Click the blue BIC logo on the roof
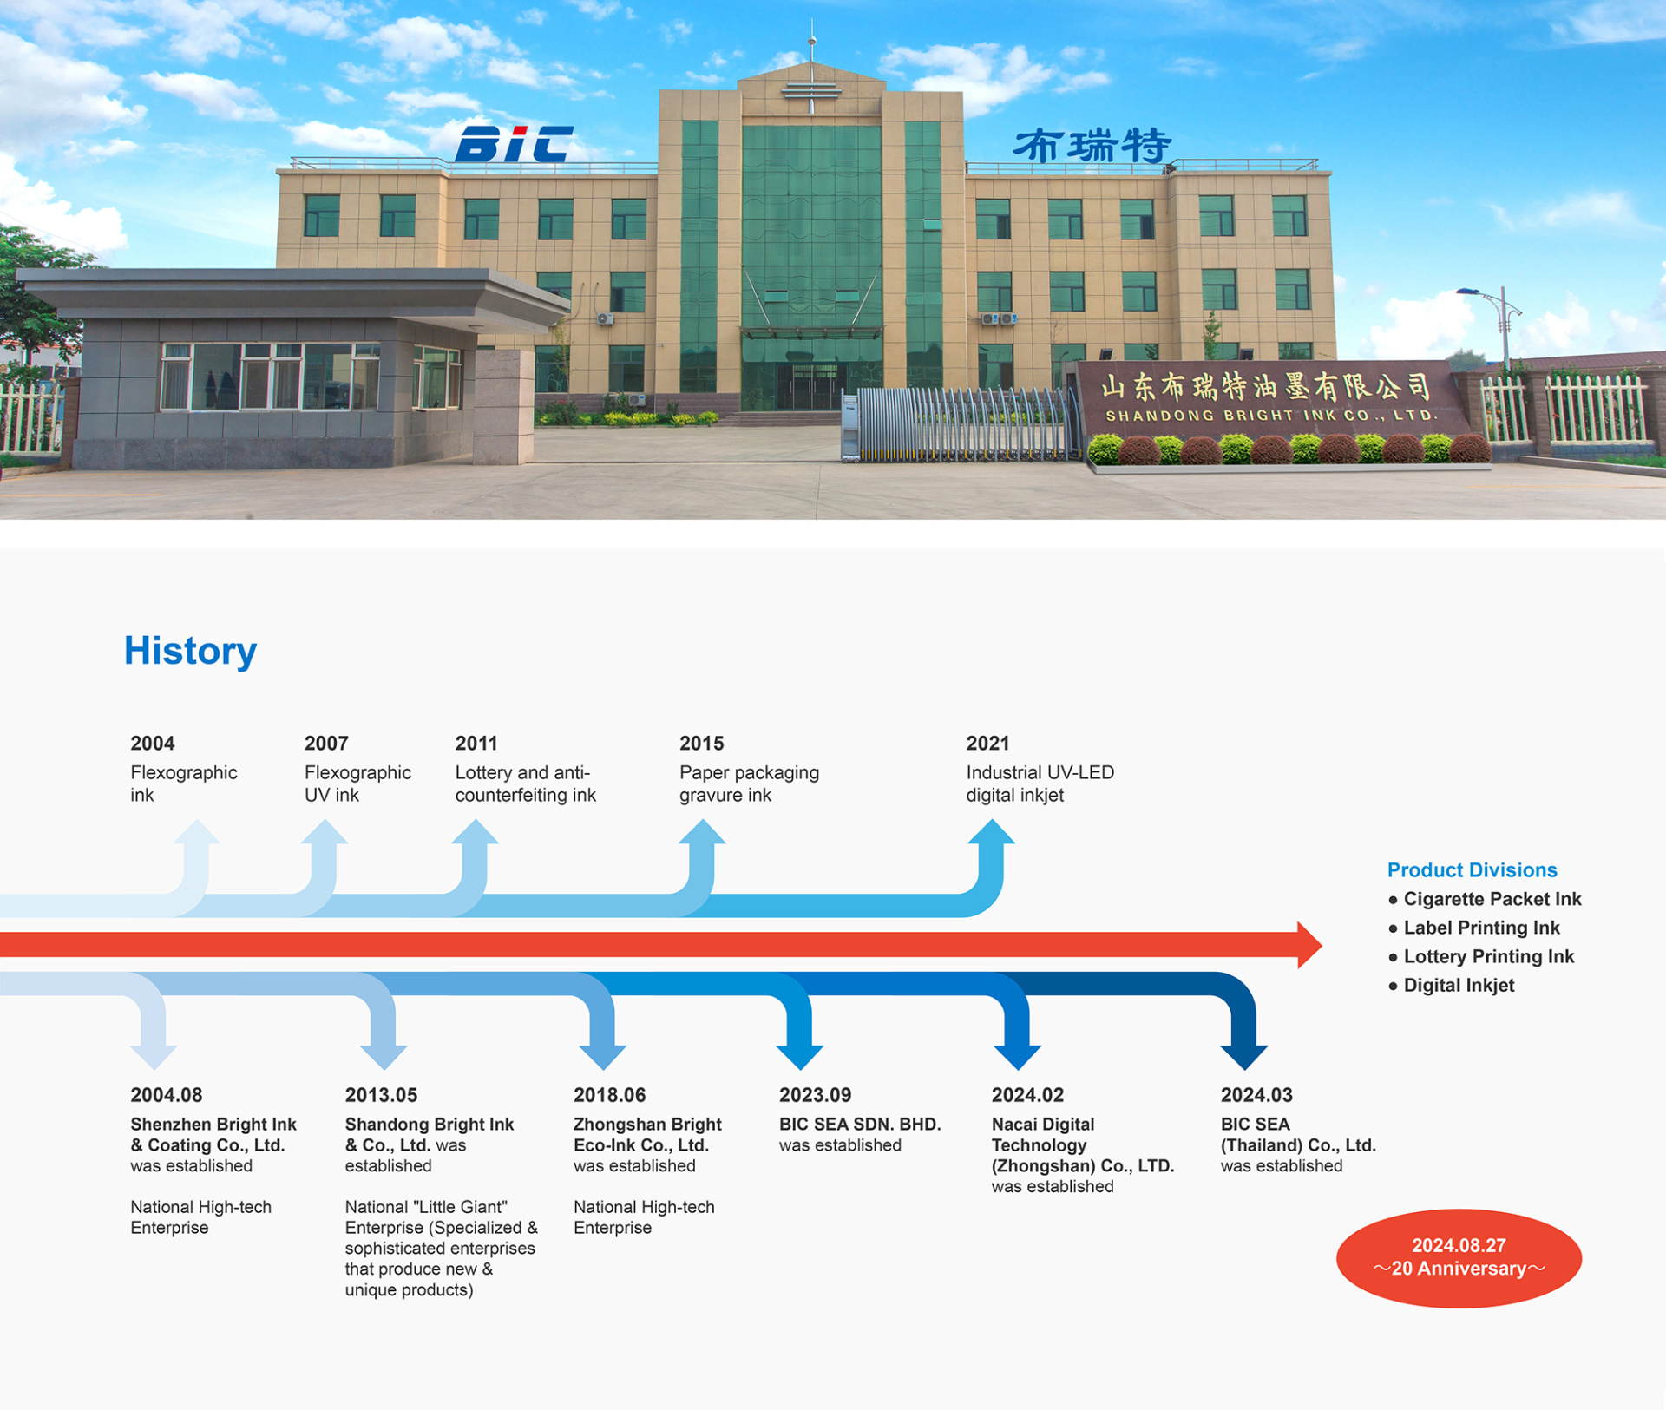(x=514, y=144)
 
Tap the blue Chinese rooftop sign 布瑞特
(x=1092, y=146)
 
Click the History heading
(x=190, y=651)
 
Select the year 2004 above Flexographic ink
(x=153, y=744)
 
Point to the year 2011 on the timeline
(x=476, y=744)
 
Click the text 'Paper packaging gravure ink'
(x=749, y=784)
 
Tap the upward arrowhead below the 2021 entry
(x=991, y=831)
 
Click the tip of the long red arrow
(x=1322, y=945)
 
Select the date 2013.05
(x=381, y=1095)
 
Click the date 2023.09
(x=815, y=1095)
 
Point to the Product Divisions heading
(x=1472, y=870)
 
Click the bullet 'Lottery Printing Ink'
(x=1481, y=956)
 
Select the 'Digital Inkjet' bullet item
(x=1452, y=985)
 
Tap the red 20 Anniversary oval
(x=1459, y=1258)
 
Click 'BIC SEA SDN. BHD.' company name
(x=860, y=1125)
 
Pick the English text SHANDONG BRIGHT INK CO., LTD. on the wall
(x=1272, y=416)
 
